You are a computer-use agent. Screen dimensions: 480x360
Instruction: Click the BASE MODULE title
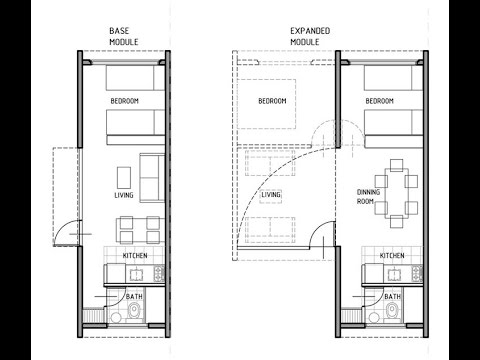[124, 36]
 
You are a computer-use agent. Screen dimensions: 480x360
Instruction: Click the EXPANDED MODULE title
[310, 36]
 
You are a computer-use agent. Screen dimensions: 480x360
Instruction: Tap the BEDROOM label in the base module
[124, 101]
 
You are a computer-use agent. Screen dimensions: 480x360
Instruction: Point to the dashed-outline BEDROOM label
[272, 101]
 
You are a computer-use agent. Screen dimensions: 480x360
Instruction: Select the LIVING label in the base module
[124, 195]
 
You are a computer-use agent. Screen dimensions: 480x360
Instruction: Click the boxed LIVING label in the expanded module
[271, 195]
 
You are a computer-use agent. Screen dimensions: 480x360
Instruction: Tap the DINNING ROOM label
[368, 197]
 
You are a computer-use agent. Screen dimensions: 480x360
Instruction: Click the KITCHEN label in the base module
[135, 256]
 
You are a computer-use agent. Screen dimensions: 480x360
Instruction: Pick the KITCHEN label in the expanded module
[392, 256]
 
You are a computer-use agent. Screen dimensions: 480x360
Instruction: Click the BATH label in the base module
[134, 296]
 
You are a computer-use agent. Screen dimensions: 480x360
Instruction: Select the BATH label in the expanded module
[392, 296]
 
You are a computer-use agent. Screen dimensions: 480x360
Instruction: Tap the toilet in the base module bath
[134, 313]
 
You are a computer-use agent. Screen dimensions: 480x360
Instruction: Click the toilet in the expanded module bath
[392, 313]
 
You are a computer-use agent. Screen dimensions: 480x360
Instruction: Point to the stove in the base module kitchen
[159, 273]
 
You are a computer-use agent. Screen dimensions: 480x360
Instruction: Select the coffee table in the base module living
[124, 178]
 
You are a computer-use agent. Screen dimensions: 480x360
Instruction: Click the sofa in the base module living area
[152, 178]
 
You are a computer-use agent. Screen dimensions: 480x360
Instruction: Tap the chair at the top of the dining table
[396, 165]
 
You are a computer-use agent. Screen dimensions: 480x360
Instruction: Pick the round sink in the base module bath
[116, 318]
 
